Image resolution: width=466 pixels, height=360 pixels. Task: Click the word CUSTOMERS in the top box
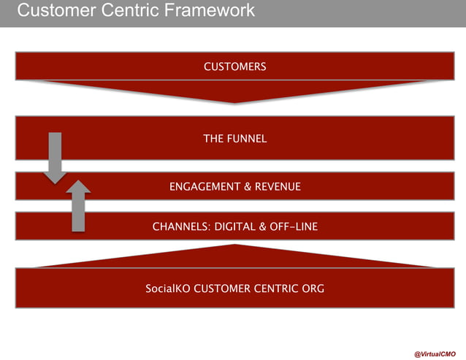[x=234, y=67]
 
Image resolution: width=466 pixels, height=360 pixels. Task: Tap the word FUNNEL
[x=246, y=139]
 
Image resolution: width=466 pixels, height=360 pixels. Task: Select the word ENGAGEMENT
[x=202, y=187]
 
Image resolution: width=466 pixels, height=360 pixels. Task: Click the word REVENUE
[x=277, y=187]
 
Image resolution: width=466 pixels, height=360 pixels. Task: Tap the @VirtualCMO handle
[x=435, y=353]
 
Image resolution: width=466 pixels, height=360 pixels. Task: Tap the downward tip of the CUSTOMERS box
[x=234, y=102]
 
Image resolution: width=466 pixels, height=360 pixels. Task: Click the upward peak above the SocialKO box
[x=234, y=246]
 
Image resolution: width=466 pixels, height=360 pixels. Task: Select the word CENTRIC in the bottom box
[x=276, y=288]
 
